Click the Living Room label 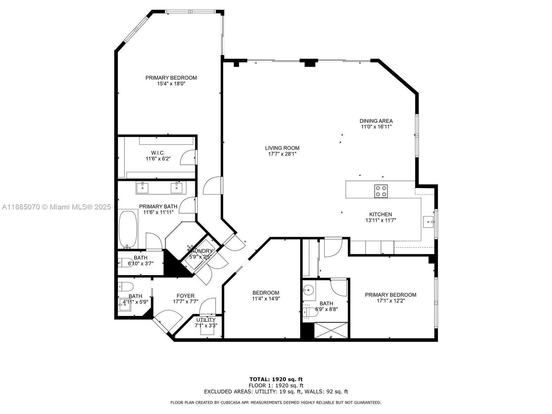tap(282, 148)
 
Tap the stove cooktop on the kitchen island tap(381, 191)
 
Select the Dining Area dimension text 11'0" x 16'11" tap(376, 127)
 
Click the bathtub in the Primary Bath tap(128, 229)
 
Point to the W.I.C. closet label tap(158, 153)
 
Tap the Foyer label tap(185, 296)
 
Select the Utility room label tap(206, 320)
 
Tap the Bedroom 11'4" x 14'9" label tap(266, 293)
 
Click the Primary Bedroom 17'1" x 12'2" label tap(391, 295)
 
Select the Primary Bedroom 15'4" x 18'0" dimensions tap(171, 83)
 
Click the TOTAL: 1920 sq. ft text tap(276, 379)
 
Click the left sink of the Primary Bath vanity tap(142, 188)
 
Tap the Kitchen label tap(381, 214)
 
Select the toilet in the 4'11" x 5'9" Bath tap(124, 286)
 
